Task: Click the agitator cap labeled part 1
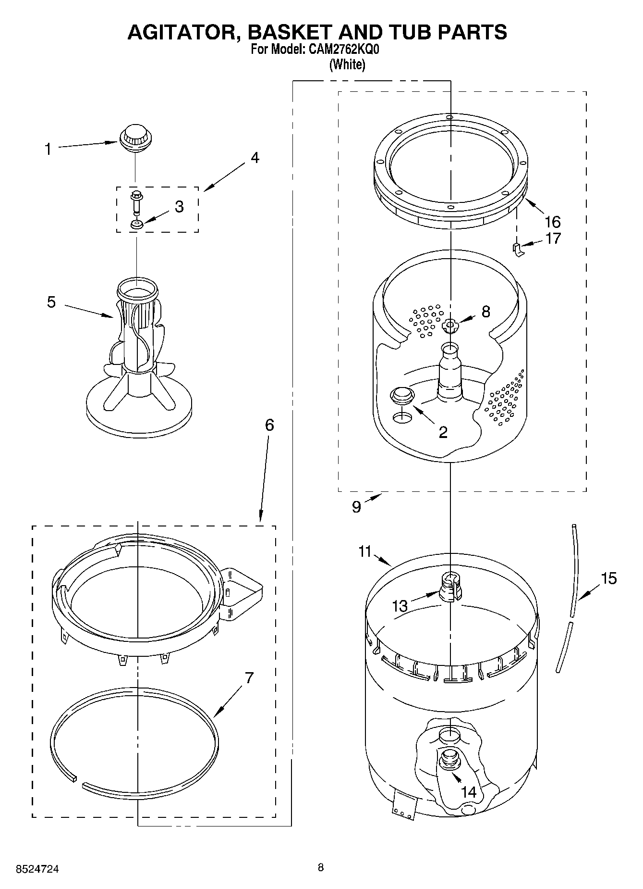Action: [135, 137]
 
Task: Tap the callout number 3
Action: [179, 207]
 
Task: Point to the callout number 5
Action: [51, 302]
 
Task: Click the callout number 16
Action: [552, 222]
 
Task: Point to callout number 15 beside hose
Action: [608, 578]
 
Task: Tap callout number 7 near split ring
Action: [249, 678]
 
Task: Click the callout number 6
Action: [269, 425]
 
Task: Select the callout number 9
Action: [356, 507]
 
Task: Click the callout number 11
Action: [365, 551]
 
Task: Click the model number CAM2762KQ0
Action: [342, 50]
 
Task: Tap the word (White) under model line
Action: [347, 65]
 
